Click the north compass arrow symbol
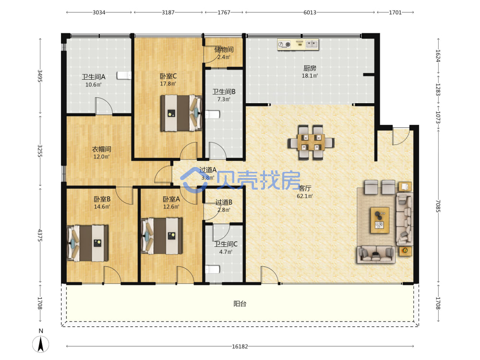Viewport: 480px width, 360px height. (x=40, y=344)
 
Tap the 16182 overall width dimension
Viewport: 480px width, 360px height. (x=240, y=347)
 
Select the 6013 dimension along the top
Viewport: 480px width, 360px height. (x=310, y=12)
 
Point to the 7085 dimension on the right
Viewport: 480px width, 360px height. (x=438, y=206)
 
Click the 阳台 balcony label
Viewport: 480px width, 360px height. (x=240, y=304)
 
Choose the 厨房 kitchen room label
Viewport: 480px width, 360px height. (x=310, y=68)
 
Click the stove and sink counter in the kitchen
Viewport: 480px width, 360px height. (x=298, y=45)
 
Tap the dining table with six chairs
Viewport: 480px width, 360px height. (x=311, y=143)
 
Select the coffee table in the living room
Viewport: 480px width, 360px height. (x=380, y=220)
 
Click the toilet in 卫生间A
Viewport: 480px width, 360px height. (x=124, y=75)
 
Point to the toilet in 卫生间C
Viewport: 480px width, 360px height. (x=213, y=269)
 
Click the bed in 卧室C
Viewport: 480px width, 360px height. (x=181, y=113)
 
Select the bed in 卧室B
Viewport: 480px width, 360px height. (x=87, y=243)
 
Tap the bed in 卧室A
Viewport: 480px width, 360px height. (x=162, y=236)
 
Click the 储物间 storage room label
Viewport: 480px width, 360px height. (x=224, y=49)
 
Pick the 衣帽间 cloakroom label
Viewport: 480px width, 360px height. (x=102, y=149)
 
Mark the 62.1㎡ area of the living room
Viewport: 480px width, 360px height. (x=305, y=196)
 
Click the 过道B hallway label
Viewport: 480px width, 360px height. (x=224, y=203)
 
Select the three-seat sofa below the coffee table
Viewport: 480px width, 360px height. (x=376, y=254)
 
